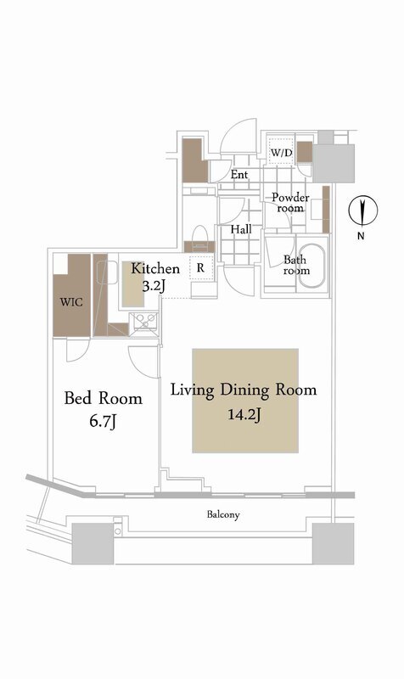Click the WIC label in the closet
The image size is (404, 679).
71,301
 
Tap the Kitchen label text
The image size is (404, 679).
155,268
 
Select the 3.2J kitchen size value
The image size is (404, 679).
154,286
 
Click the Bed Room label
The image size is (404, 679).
103,398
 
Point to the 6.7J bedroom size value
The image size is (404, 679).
103,421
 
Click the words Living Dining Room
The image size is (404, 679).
244,390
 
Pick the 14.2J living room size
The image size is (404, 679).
244,415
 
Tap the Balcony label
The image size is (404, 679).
223,515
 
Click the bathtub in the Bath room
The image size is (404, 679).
311,267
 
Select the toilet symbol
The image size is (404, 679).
199,238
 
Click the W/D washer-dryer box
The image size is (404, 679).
282,152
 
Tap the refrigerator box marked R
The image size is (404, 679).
200,268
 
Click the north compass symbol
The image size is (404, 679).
363,210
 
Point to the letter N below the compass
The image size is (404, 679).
360,237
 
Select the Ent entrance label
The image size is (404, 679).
239,175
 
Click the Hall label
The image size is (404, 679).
241,229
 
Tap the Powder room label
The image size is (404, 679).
290,203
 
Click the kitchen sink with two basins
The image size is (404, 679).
146,322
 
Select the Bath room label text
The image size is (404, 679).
296,265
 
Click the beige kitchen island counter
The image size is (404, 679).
133,284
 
